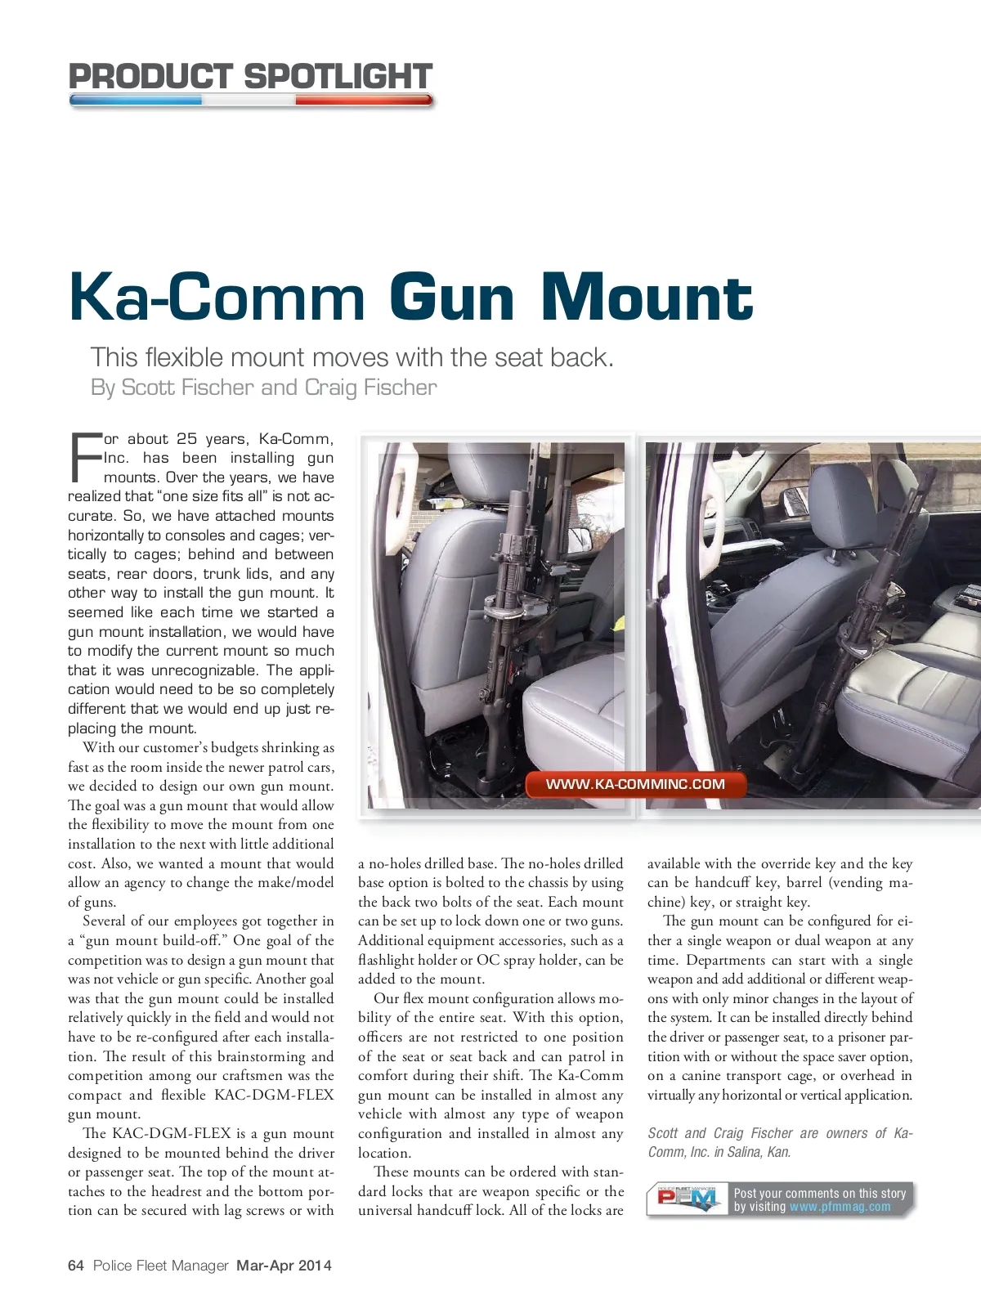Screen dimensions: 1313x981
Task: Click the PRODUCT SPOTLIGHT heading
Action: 250,76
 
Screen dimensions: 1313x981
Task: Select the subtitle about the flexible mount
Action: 352,357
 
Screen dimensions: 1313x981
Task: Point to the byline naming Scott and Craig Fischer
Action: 263,387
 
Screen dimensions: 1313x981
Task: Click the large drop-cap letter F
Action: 85,456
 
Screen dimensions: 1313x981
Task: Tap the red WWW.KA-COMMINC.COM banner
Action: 635,784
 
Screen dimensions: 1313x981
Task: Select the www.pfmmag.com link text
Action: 840,1207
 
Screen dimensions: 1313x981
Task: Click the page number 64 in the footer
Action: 76,1266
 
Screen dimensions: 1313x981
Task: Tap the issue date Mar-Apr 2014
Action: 284,1266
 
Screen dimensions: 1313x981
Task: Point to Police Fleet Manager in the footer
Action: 160,1266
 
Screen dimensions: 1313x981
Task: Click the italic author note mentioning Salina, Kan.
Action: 779,1142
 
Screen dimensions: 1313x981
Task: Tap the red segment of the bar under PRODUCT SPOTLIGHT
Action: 364,101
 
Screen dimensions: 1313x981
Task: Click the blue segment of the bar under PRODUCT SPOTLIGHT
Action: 136,101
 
